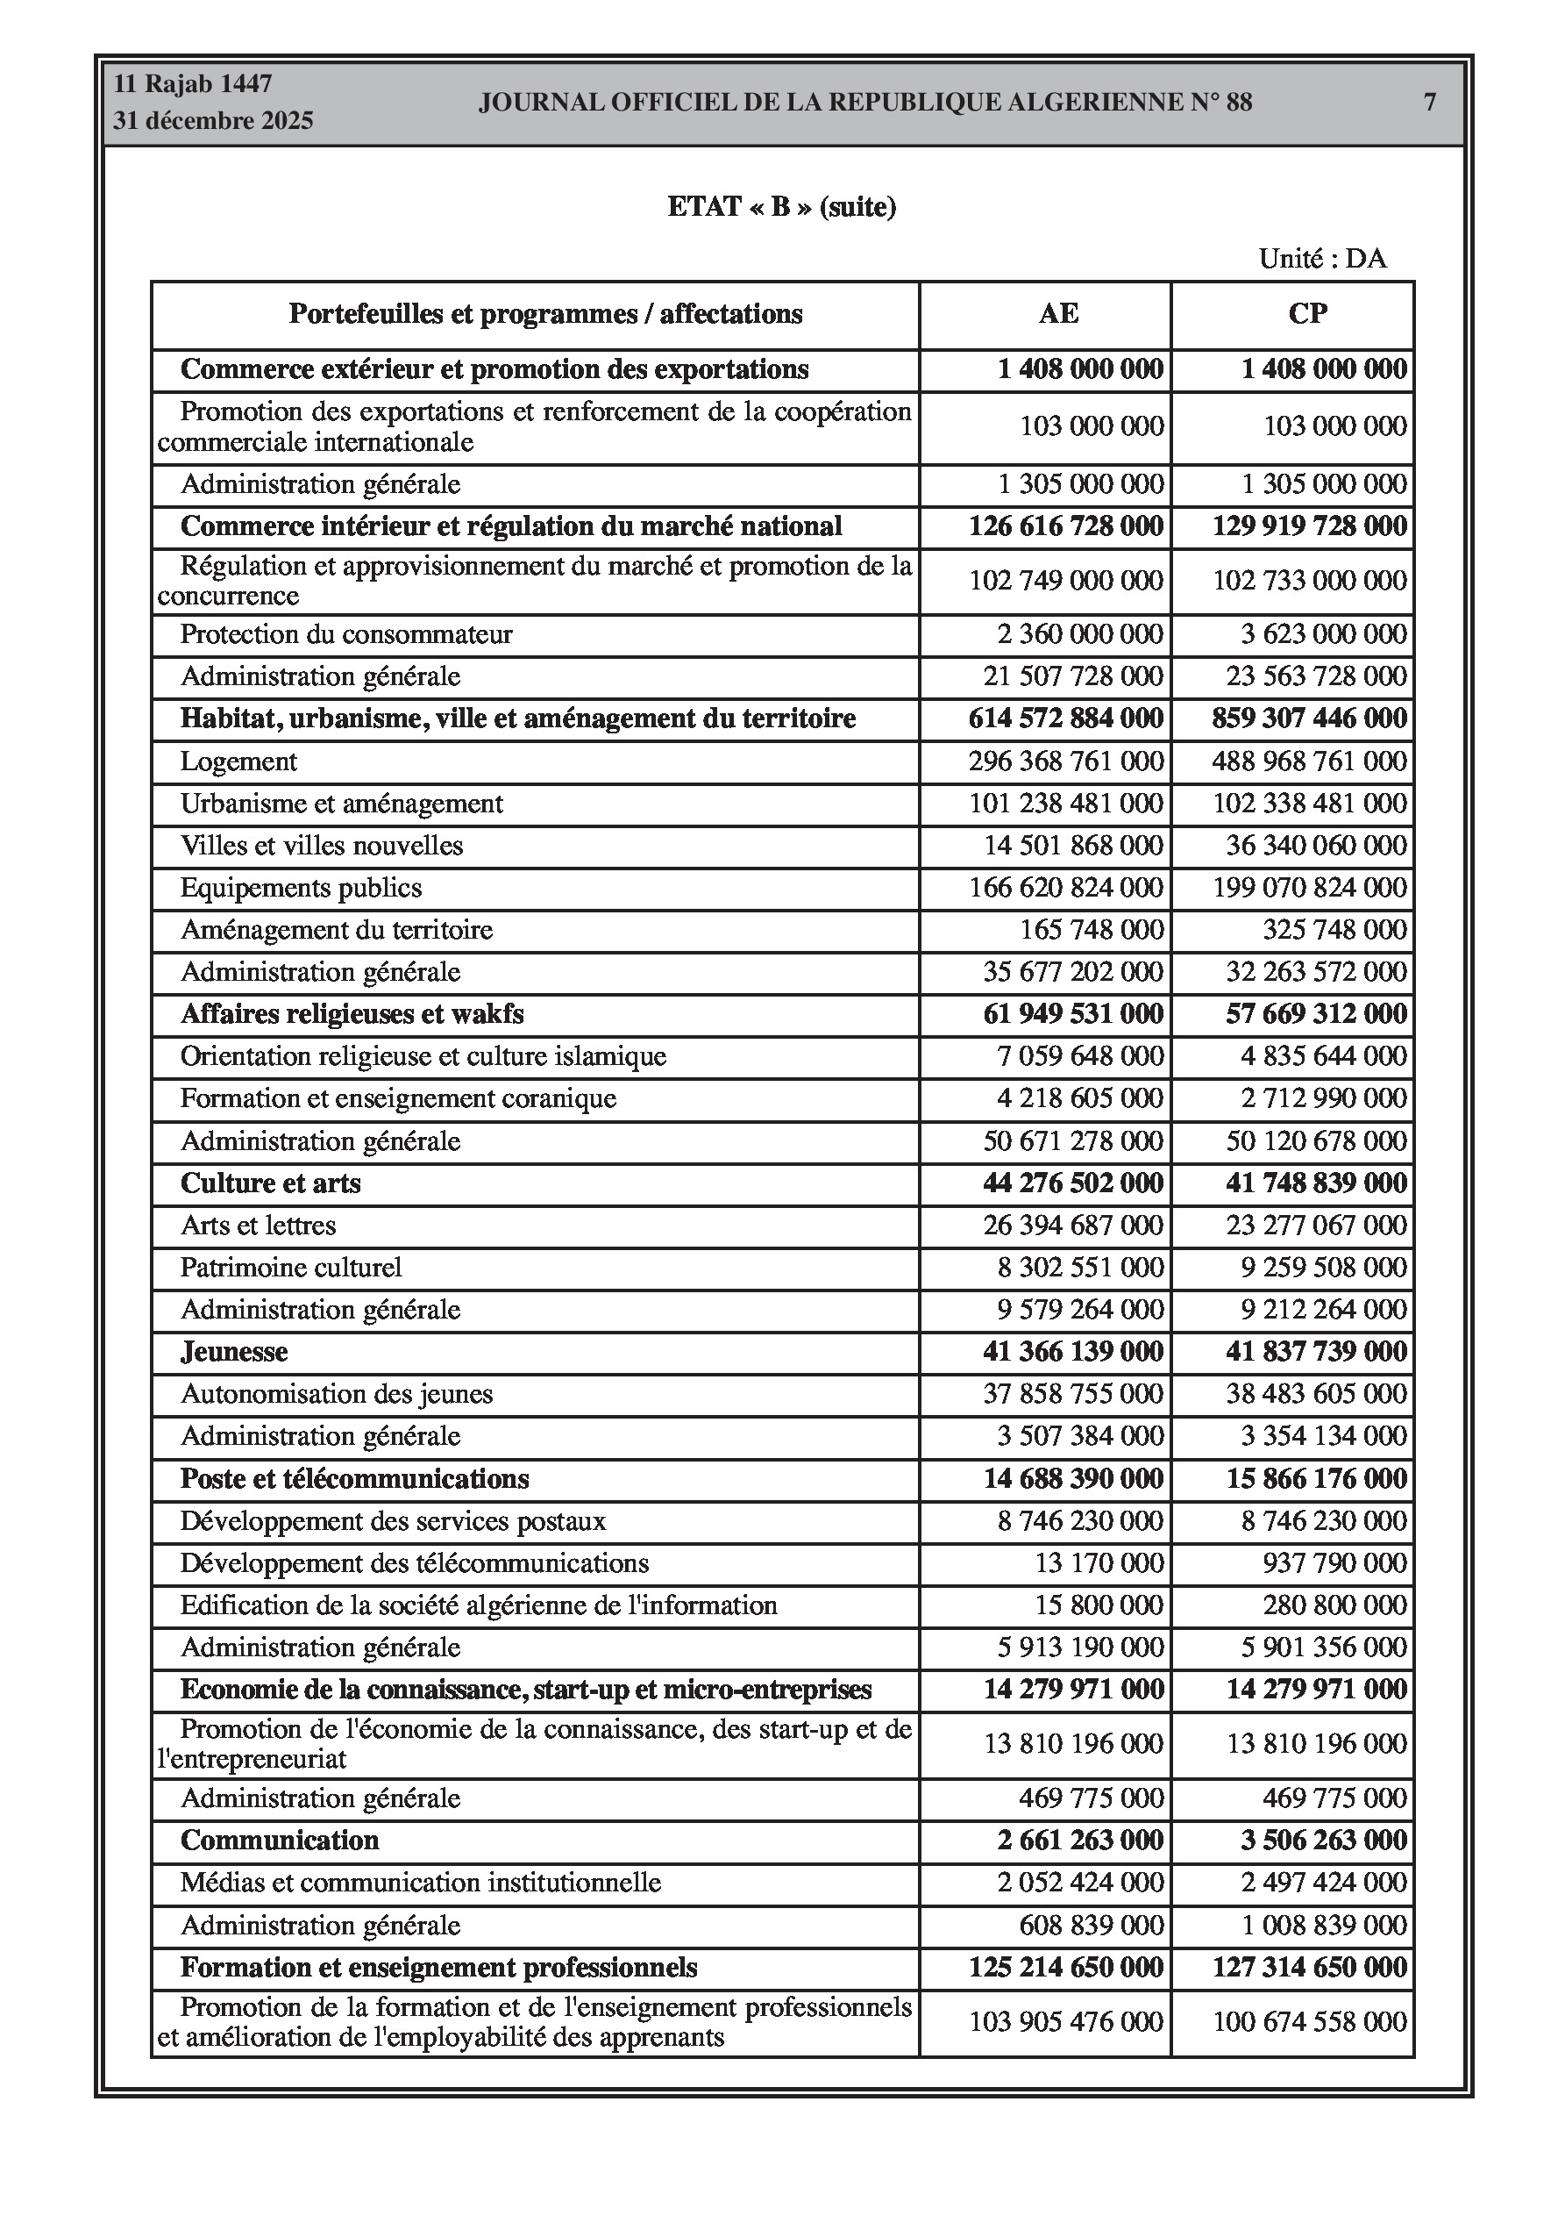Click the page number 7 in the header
pos(1429,103)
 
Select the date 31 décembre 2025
pos(213,121)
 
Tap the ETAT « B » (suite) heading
pos(781,206)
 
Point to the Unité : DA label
pos(1322,259)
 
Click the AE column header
pos(1058,314)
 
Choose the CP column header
pos(1307,314)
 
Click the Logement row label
pos(238,761)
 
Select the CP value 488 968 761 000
pos(1308,761)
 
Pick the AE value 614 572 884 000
pos(1065,719)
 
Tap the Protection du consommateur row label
pos(345,635)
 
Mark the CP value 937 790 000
pos(1334,1562)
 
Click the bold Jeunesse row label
pos(233,1351)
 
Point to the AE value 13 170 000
pos(1098,1562)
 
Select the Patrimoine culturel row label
pos(290,1268)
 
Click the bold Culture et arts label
pos(270,1183)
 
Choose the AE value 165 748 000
pos(1092,931)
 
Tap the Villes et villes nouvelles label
pos(321,847)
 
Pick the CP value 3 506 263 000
pos(1323,1841)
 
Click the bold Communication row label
pos(279,1841)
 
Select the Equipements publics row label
pos(300,888)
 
